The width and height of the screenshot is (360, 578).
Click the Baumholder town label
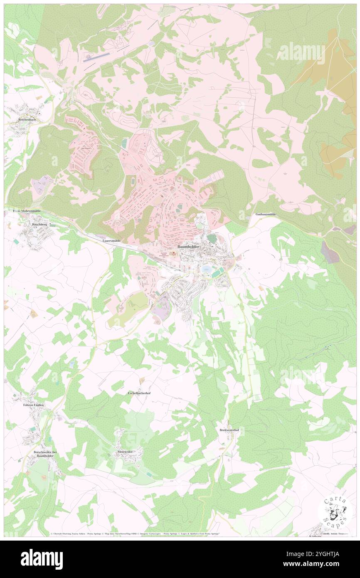click(x=188, y=247)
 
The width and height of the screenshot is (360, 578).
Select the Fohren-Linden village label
click(x=33, y=404)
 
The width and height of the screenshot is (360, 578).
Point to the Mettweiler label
click(x=125, y=451)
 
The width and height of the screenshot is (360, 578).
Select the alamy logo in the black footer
click(x=42, y=559)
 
